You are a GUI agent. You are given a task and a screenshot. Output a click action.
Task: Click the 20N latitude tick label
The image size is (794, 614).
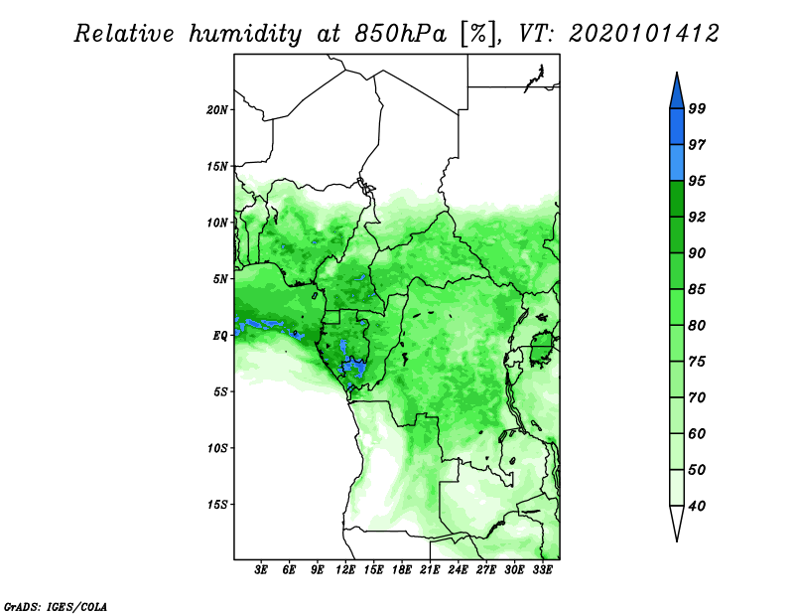pyautogui.click(x=217, y=110)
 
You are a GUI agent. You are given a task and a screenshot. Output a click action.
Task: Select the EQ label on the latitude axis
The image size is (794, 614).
pyautogui.click(x=220, y=336)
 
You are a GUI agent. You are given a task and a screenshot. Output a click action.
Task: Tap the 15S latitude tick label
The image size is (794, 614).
pyautogui.click(x=217, y=505)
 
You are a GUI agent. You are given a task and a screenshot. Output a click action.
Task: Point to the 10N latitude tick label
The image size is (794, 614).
pyautogui.click(x=217, y=223)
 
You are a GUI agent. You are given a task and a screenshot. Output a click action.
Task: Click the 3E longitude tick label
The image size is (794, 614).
pyautogui.click(x=261, y=570)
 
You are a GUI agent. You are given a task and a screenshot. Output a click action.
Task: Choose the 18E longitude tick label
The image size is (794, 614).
pyautogui.click(x=402, y=570)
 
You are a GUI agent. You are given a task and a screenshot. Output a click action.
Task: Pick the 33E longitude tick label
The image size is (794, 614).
pyautogui.click(x=542, y=570)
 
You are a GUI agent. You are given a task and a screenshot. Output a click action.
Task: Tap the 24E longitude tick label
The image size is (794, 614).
pyautogui.click(x=458, y=570)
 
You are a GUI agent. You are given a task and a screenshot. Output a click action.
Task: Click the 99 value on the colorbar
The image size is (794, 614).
pyautogui.click(x=697, y=108)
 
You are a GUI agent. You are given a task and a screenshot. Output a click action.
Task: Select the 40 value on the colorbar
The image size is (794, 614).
pyautogui.click(x=697, y=506)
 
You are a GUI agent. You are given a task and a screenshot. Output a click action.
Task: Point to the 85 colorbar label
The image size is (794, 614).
pyautogui.click(x=697, y=289)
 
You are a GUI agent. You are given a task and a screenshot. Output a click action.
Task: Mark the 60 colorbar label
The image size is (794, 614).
pyautogui.click(x=697, y=433)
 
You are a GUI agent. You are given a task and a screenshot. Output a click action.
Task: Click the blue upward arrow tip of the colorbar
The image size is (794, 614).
pyautogui.click(x=677, y=73)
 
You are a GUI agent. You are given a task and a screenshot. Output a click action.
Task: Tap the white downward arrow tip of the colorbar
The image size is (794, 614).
pyautogui.click(x=677, y=541)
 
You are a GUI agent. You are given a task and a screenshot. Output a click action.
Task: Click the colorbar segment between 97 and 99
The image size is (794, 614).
pyautogui.click(x=677, y=127)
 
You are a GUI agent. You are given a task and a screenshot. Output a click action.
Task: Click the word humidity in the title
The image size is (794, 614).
pyautogui.click(x=245, y=34)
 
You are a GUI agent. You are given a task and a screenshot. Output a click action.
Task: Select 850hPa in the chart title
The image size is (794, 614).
pyautogui.click(x=401, y=34)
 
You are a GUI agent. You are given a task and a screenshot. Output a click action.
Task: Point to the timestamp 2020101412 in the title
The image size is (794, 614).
pyautogui.click(x=643, y=34)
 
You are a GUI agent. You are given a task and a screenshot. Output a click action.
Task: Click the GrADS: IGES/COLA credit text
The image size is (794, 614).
pyautogui.click(x=56, y=606)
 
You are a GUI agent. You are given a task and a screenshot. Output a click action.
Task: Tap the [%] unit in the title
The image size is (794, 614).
pyautogui.click(x=478, y=34)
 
